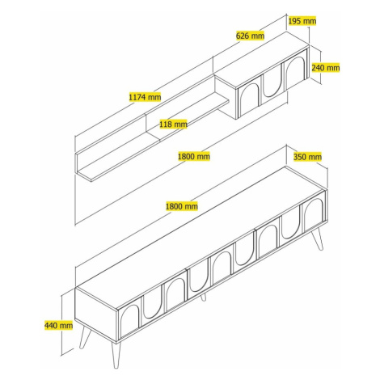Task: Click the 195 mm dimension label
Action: [x=302, y=21]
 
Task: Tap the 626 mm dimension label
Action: [x=250, y=36]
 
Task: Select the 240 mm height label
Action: [x=326, y=67]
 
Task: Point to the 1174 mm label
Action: [x=145, y=97]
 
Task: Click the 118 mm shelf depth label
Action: [x=173, y=125]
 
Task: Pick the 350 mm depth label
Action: [x=307, y=157]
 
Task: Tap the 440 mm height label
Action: [x=58, y=325]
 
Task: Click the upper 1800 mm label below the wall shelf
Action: [x=194, y=156]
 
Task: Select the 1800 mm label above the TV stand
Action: [x=182, y=206]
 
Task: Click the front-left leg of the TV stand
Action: [x=116, y=355]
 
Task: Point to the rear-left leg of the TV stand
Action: [x=85, y=337]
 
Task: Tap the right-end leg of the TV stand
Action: [x=318, y=239]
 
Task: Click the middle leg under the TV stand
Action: [x=204, y=297]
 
